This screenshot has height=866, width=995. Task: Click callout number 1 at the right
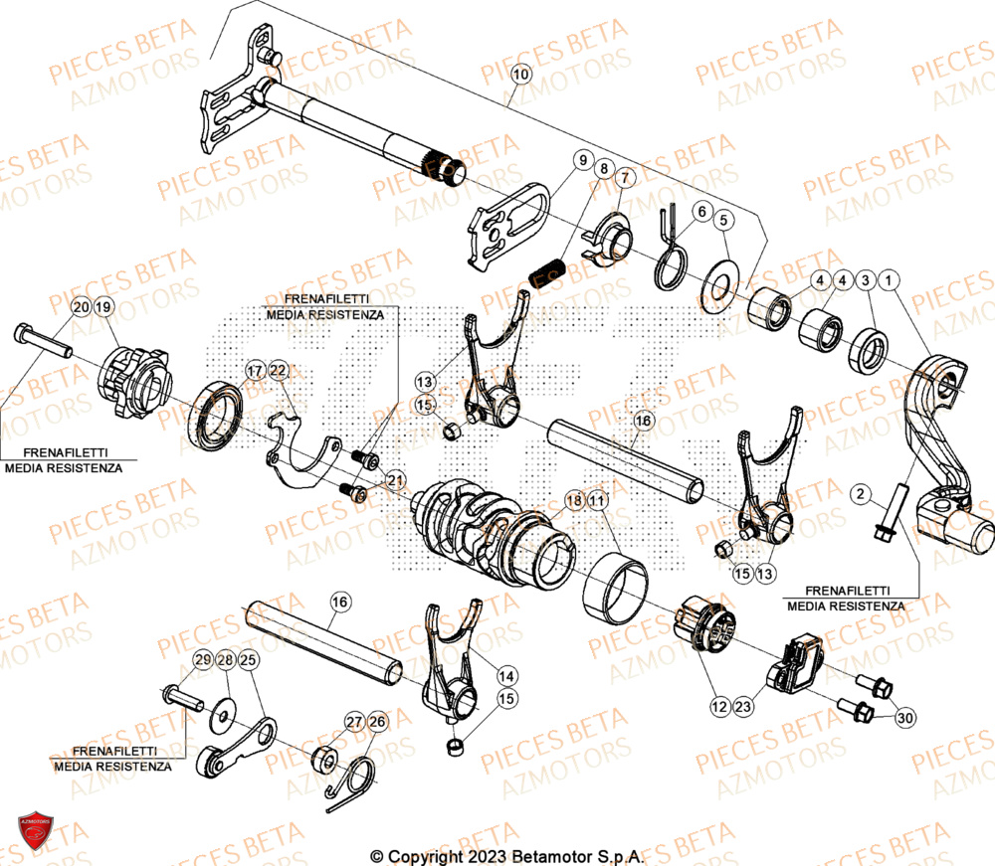[x=889, y=281]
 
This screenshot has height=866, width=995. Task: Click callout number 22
[x=278, y=371]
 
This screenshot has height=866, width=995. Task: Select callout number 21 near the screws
[x=396, y=480]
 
